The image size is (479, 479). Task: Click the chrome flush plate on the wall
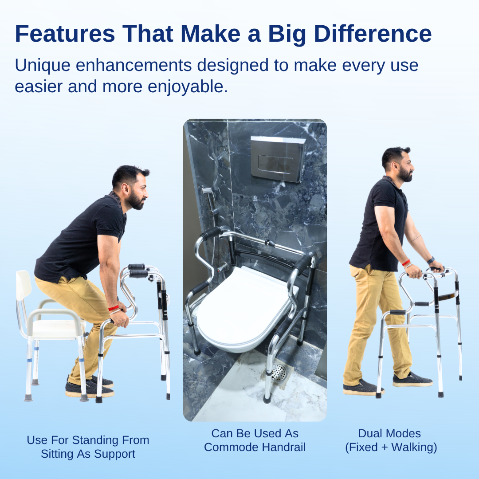tap(278, 158)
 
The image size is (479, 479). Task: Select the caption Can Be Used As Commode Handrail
tap(255, 440)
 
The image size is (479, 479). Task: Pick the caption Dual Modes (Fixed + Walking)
tap(391, 440)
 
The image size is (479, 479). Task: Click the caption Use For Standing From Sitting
tap(88, 447)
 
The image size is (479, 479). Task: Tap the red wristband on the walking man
tap(406, 263)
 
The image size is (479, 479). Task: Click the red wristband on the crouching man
tap(113, 307)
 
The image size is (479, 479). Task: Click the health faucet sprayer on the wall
tap(207, 191)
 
